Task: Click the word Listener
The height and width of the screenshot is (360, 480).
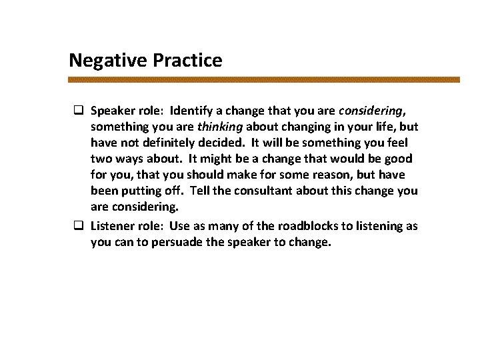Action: (x=113, y=226)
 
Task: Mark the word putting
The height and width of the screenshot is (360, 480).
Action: (x=141, y=191)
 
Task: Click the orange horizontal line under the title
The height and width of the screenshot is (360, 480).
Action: (x=264, y=79)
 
